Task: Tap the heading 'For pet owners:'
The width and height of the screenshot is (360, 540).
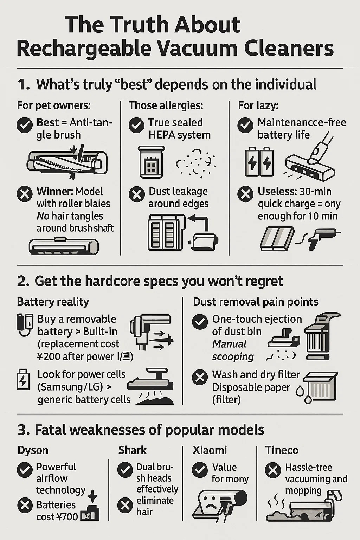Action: (x=54, y=105)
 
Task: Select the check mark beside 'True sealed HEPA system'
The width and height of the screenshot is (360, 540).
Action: (x=136, y=125)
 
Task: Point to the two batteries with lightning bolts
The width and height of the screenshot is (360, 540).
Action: (x=259, y=162)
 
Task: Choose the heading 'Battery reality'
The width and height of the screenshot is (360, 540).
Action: (x=53, y=302)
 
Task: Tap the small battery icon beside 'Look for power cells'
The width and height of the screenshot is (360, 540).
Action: (x=23, y=379)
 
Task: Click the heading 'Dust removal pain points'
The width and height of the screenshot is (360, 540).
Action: (x=256, y=302)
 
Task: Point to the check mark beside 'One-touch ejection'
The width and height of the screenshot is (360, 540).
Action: (x=200, y=322)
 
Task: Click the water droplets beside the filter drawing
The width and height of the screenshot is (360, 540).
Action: (x=304, y=394)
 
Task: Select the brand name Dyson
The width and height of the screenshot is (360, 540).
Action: (x=33, y=450)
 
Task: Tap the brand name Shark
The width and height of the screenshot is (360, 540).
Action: (x=133, y=450)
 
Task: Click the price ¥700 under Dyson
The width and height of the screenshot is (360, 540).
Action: (x=67, y=516)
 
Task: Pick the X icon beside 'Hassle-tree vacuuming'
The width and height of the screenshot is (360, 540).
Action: (x=273, y=470)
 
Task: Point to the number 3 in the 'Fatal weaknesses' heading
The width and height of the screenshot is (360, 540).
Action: (x=22, y=430)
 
